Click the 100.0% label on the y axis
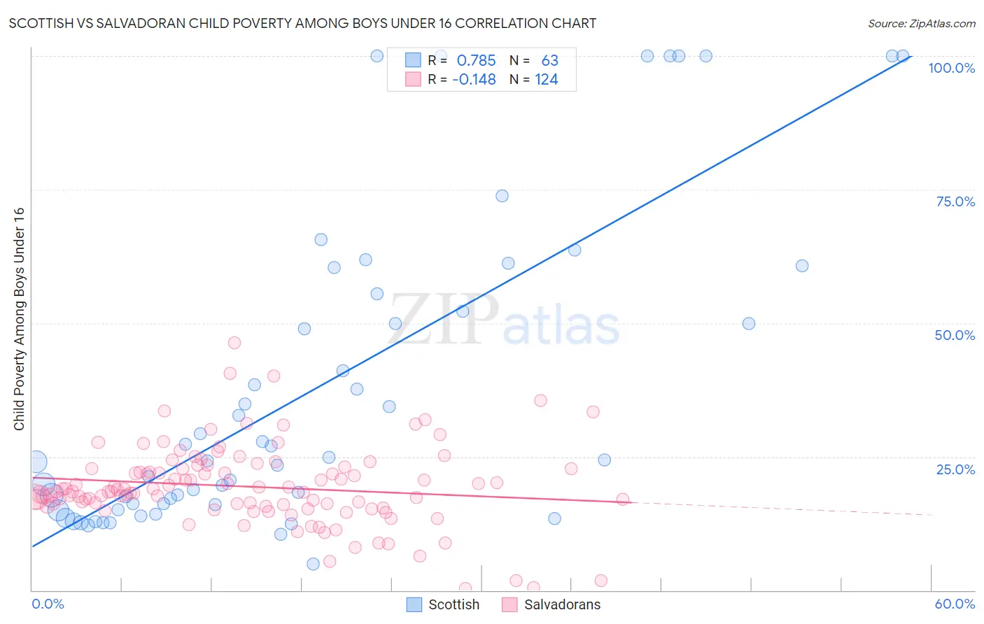[x=951, y=68]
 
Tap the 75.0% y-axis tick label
[x=955, y=201]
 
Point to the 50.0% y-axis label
[x=955, y=335]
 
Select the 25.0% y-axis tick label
[x=955, y=469]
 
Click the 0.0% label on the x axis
[x=48, y=604]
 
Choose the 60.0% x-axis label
[x=955, y=604]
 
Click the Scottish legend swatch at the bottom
[x=414, y=604]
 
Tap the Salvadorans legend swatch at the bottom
[x=509, y=604]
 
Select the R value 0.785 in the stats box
[x=476, y=61]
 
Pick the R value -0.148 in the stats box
[x=474, y=80]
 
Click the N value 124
[x=547, y=80]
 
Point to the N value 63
[x=550, y=61]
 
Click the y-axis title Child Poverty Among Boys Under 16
[x=19, y=319]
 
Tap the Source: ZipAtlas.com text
[x=921, y=23]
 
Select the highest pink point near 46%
[x=234, y=343]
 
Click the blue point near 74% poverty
[x=502, y=196]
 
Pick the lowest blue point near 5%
[x=313, y=564]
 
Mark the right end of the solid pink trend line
[x=631, y=502]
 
